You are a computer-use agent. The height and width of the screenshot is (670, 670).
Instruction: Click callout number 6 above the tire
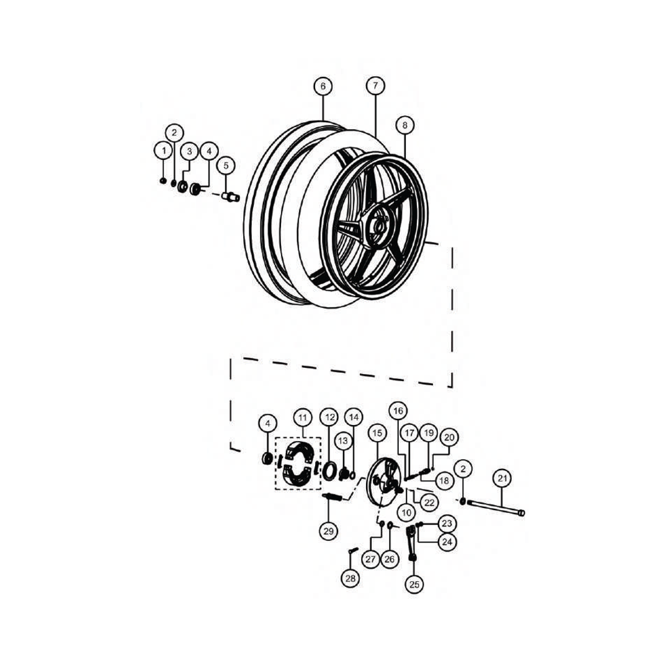(323, 86)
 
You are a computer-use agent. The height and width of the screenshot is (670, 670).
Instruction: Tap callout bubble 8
(404, 126)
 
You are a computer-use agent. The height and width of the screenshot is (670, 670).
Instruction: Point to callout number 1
(163, 151)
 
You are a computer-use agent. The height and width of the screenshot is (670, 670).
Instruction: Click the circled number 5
(226, 165)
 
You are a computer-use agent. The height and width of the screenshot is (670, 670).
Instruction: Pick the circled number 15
(376, 432)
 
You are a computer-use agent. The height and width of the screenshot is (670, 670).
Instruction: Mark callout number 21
(503, 478)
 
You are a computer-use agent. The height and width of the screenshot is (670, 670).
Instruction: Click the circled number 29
(329, 530)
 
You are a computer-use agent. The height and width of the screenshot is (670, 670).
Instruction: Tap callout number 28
(351, 578)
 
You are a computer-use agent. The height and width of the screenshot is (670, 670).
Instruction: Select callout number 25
(414, 583)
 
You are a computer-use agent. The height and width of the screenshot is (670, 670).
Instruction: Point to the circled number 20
(449, 437)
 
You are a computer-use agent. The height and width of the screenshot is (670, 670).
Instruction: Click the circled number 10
(406, 512)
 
